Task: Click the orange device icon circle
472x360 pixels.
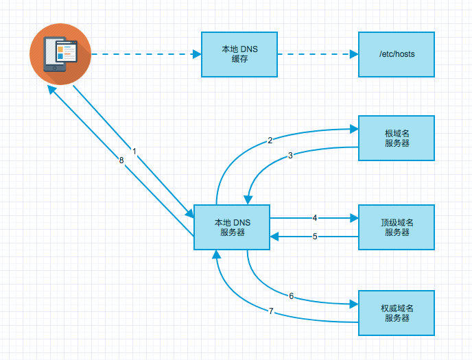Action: (x=60, y=54)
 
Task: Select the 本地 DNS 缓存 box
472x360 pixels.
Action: (x=239, y=54)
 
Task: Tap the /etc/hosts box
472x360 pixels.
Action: (x=397, y=54)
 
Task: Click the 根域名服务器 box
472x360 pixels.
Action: (x=397, y=137)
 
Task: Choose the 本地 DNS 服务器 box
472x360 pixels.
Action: (x=232, y=227)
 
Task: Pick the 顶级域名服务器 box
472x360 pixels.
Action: (x=397, y=227)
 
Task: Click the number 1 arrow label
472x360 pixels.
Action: (x=134, y=150)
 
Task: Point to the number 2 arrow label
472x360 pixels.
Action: (x=270, y=141)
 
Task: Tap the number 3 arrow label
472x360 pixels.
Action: (x=290, y=156)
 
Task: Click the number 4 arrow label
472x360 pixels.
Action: (x=315, y=218)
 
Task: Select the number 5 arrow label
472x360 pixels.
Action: (x=315, y=237)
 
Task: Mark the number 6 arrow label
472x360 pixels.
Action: (x=291, y=296)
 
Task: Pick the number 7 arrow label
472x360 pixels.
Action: (x=271, y=311)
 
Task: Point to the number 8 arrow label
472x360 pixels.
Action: (x=121, y=160)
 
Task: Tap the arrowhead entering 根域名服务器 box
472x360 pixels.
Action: (x=354, y=128)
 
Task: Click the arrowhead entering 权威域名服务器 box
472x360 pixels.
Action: (x=354, y=302)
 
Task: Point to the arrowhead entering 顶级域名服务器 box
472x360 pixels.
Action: (x=354, y=218)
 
